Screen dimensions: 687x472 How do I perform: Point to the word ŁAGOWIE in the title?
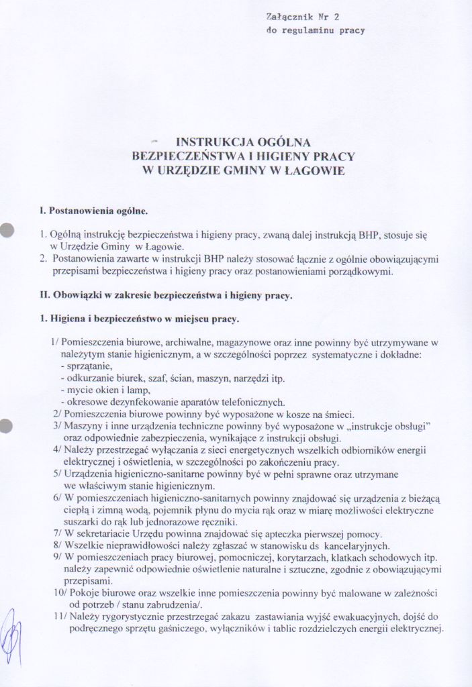(x=316, y=171)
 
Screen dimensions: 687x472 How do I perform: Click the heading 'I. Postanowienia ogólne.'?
(x=93, y=211)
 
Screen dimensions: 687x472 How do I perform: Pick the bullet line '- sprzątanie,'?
(x=87, y=366)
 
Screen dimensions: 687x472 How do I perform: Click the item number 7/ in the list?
(x=57, y=535)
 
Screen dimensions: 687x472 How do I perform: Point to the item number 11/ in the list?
(x=57, y=617)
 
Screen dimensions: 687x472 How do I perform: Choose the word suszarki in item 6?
(x=81, y=523)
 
